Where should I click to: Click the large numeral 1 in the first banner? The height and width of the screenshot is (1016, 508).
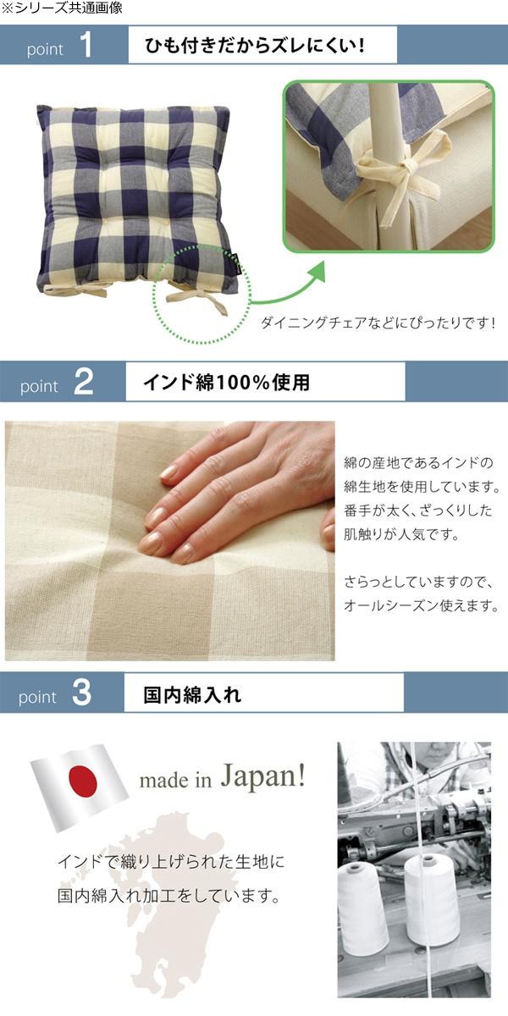click(86, 46)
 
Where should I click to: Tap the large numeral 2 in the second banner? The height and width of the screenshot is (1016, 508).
click(83, 382)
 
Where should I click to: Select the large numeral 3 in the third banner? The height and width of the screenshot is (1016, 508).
click(81, 693)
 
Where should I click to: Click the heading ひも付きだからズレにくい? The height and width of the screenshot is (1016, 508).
click(255, 46)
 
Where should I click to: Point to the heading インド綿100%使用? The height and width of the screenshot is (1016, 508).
click(227, 383)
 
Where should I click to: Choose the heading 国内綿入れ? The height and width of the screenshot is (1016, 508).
click(192, 694)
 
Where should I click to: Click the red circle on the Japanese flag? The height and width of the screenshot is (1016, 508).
click(84, 781)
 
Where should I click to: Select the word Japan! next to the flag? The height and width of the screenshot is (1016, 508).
click(263, 776)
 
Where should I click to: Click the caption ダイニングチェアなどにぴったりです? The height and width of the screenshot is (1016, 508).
click(378, 323)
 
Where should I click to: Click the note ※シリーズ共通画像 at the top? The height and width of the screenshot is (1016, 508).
click(62, 8)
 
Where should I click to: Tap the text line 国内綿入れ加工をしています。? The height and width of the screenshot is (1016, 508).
click(168, 896)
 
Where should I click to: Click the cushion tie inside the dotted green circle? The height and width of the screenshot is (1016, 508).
click(198, 301)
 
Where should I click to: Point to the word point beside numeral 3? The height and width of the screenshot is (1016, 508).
click(37, 697)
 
